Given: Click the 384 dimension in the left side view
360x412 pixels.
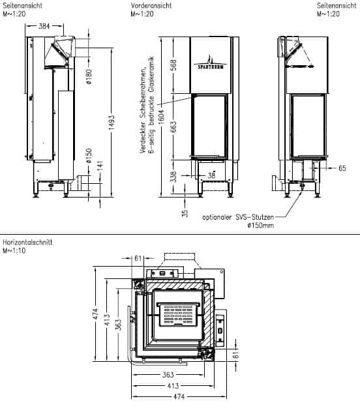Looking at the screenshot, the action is coord(44,26).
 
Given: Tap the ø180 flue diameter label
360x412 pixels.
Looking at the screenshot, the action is coord(89,76).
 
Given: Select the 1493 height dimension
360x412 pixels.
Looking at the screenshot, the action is coord(112,122).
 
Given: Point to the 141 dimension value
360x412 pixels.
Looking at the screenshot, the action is coord(100,166).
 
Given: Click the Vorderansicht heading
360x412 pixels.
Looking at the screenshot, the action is coord(151,5).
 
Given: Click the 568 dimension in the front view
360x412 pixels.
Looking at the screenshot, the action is coord(173,65).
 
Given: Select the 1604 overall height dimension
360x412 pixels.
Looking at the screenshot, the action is coord(162,117).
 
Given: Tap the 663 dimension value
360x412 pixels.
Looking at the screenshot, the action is coord(173,126).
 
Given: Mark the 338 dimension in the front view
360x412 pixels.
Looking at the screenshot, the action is coord(173,176).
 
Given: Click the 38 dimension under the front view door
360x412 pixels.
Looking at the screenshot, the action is coord(211,175).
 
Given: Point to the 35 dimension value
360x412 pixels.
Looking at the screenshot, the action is coord(185,213).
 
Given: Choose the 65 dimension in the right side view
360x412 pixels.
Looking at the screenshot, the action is coord(342,168).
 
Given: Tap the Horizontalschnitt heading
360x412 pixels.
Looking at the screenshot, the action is coord(27,242).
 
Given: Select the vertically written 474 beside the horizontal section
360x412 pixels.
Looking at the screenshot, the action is coord(95,314).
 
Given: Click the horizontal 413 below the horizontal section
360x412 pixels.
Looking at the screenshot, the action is coord(173,386).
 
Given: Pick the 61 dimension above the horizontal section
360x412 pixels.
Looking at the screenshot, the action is coord(138,258).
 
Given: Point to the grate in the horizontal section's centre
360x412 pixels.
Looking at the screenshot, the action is coord(179,315).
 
